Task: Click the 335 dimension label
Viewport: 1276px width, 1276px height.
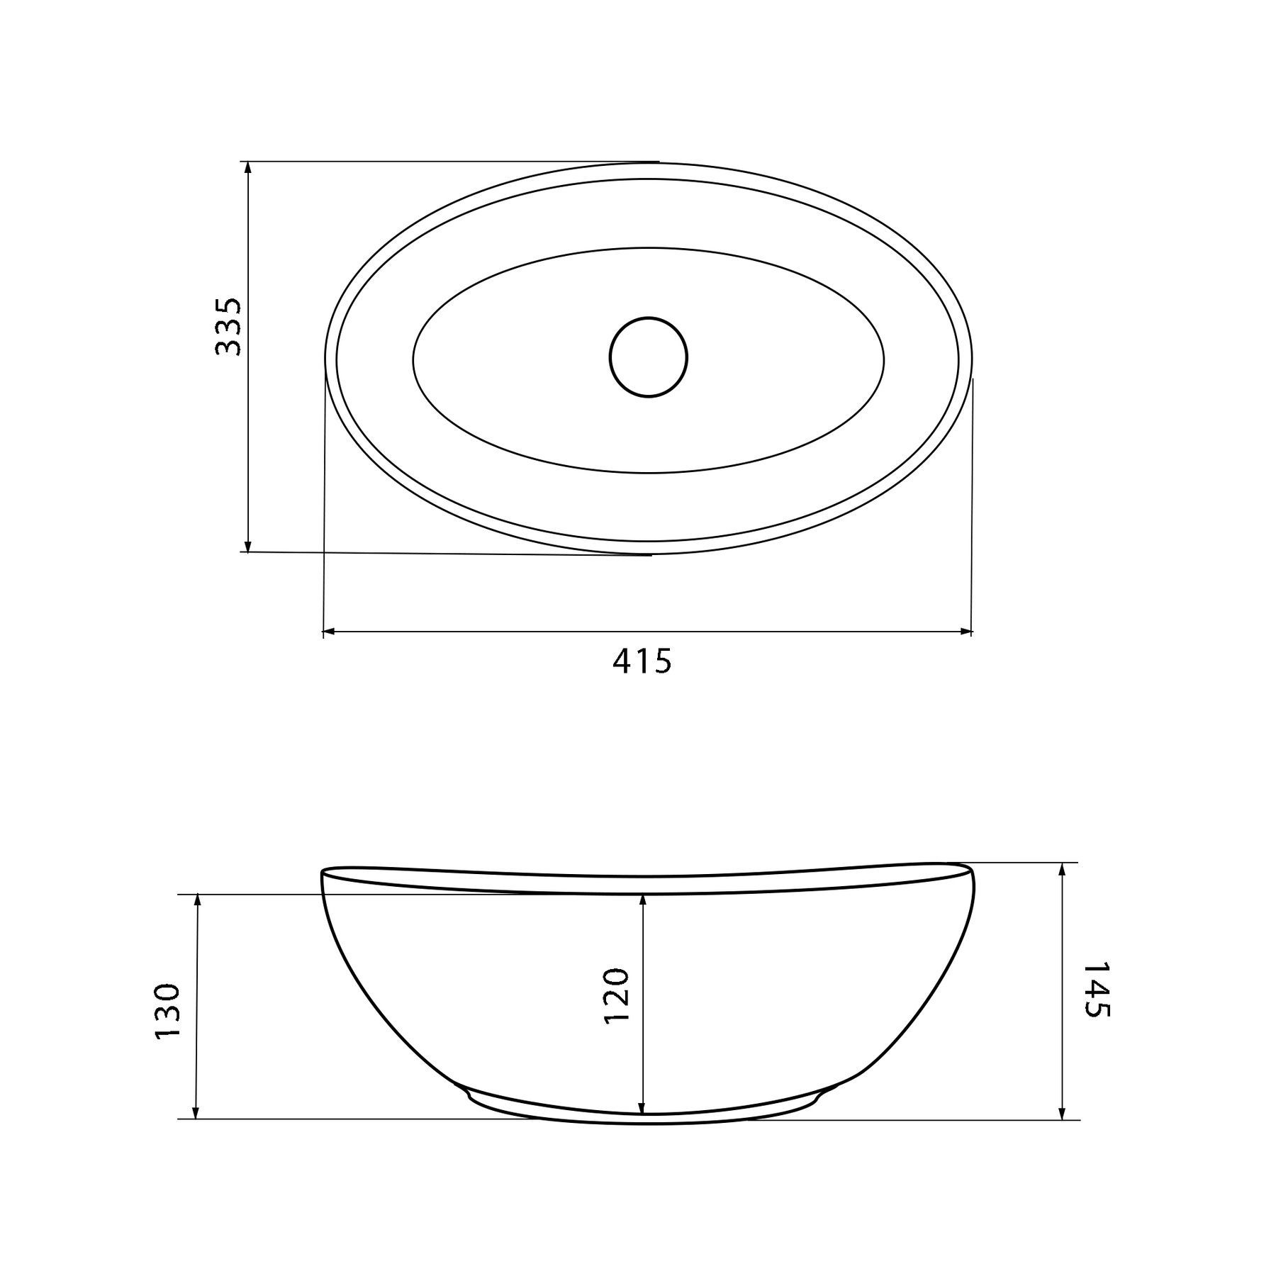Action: (228, 327)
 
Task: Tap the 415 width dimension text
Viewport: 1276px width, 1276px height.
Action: (642, 662)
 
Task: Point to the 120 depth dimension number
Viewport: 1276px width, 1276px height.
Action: (616, 996)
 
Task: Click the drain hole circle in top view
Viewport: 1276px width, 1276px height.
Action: (648, 357)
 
